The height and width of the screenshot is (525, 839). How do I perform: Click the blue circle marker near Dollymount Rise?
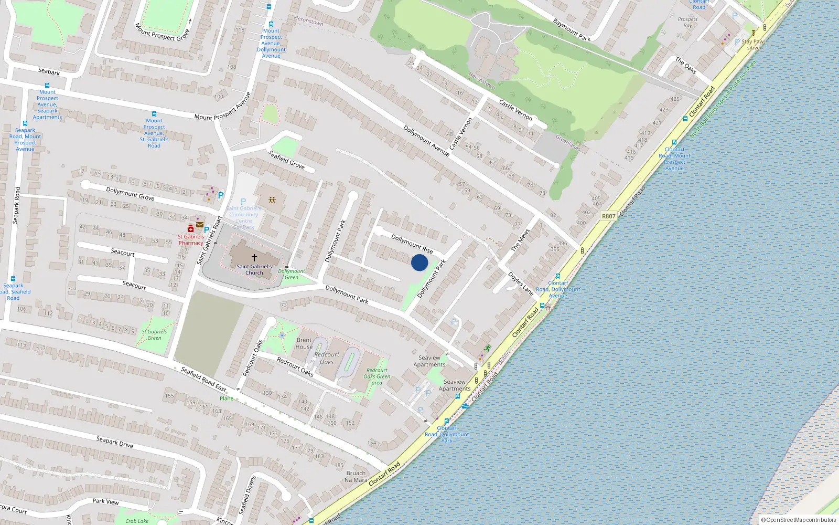419,262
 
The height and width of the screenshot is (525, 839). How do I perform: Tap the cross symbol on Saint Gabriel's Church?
254,258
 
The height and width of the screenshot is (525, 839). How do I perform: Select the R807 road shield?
608,216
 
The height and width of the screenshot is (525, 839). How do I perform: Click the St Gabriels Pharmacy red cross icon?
191,229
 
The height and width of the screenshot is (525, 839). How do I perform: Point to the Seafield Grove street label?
286,160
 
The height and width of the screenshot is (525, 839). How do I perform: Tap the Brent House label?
304,343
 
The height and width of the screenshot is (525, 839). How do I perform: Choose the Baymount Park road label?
572,30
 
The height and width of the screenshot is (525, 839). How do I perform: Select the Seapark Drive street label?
115,442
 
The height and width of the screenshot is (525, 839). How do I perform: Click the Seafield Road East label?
203,379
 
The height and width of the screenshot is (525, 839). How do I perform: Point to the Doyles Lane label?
520,283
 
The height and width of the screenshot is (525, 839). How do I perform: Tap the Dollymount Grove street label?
130,194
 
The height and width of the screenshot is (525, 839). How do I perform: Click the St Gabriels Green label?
154,334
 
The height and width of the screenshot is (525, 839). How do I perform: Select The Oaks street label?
685,65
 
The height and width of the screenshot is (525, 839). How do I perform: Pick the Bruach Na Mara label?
356,476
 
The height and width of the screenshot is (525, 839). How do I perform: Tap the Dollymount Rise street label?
412,244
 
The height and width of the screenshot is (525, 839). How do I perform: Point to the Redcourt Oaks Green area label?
377,376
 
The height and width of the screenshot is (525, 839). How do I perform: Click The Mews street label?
520,239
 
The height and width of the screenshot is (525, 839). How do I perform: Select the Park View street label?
105,501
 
